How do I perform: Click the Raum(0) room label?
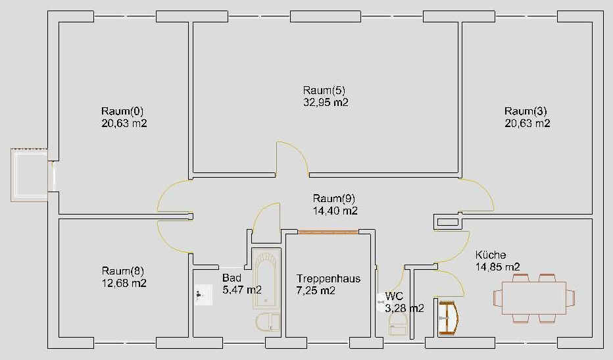(122, 111)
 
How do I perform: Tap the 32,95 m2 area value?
(326, 103)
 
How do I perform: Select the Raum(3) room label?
(526, 111)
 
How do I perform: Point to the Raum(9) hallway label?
(334, 198)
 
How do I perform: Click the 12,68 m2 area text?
(124, 283)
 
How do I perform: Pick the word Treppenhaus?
(328, 278)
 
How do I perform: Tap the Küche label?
(491, 255)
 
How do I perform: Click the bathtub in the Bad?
(266, 278)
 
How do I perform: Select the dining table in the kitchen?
(534, 297)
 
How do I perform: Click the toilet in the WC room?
(398, 324)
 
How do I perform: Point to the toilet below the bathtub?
(268, 322)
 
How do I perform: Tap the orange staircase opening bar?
(328, 232)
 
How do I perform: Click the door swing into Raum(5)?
(293, 159)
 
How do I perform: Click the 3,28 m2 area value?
(405, 309)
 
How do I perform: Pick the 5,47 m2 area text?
(242, 290)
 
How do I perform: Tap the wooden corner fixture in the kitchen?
(448, 318)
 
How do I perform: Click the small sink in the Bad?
(203, 295)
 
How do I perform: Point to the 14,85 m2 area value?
(498, 267)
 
